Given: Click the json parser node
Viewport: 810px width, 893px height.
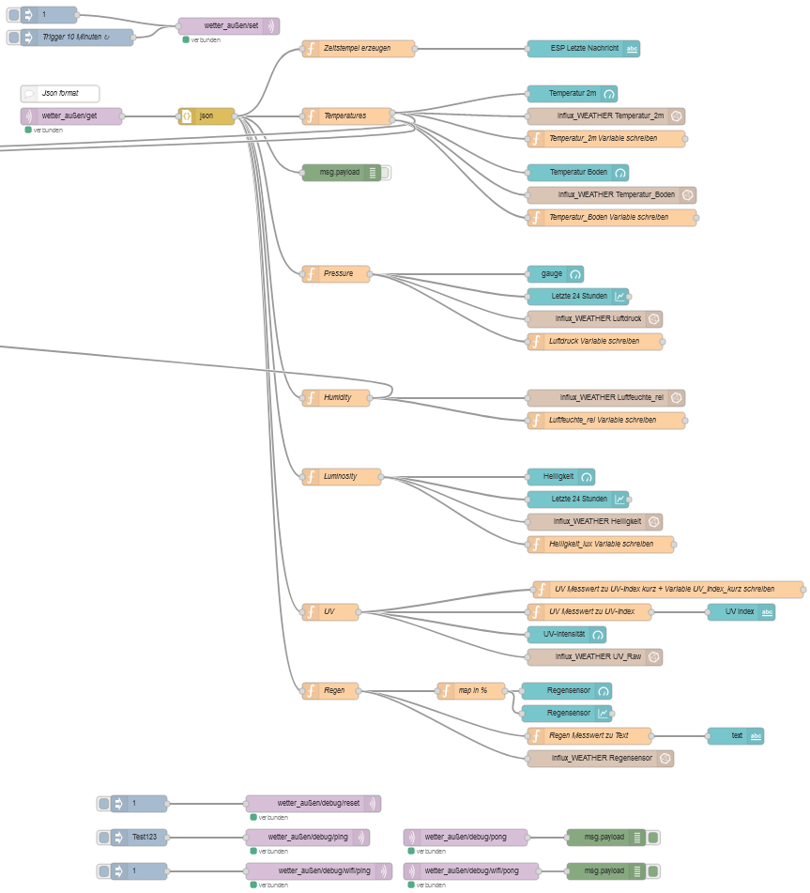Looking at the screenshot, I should coord(206,116).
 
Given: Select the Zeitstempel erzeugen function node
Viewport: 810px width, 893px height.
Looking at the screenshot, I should coord(359,49).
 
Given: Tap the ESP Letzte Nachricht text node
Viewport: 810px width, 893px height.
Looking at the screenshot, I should coord(583,49).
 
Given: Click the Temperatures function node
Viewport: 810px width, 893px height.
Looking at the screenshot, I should coord(346,116).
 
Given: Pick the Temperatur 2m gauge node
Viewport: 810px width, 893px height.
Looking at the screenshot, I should coord(572,94).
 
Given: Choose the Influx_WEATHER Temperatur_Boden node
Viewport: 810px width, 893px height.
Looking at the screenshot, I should coord(611,195).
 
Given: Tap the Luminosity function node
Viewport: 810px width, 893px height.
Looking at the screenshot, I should coord(342,477).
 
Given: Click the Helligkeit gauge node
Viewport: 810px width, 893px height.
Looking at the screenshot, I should coord(560,477).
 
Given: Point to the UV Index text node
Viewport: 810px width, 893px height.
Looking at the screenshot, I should coord(741,612).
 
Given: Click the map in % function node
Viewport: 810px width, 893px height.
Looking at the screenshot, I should coord(471,691).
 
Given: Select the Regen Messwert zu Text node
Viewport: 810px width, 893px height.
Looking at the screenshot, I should coord(588,736).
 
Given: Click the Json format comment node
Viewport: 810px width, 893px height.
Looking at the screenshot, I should coord(60,94).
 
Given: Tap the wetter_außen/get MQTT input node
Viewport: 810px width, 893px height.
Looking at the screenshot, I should coord(71,116).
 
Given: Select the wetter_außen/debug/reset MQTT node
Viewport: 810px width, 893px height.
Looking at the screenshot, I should coord(313,804).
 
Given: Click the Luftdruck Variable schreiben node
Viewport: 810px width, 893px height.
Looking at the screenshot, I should coord(595,342).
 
